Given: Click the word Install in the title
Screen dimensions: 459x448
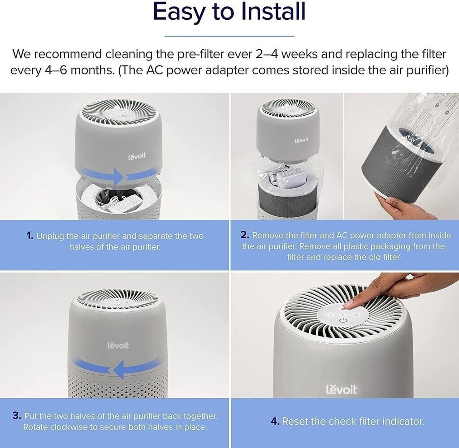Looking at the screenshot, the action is [x=273, y=11].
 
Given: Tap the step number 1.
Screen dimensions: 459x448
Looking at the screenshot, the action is [x=30, y=236].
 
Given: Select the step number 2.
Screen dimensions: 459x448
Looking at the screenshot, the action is [x=245, y=235].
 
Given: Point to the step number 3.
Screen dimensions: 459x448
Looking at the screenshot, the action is [x=17, y=415].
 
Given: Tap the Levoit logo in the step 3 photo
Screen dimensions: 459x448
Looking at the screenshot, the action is [x=118, y=345].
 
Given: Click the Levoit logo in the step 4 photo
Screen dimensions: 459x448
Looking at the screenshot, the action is [x=341, y=389].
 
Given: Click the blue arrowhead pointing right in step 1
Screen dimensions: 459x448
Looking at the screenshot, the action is [x=119, y=177].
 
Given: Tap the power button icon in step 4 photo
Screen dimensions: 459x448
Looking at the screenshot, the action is [x=343, y=321].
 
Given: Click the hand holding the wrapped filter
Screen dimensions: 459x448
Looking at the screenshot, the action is [x=404, y=206].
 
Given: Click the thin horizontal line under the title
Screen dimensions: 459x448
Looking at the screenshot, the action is [x=229, y=36].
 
